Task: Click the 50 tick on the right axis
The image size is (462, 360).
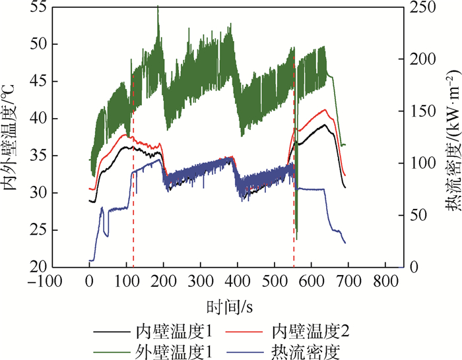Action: tap(414, 215)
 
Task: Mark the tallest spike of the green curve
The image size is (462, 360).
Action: tap(158, 7)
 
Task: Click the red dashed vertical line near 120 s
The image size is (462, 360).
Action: tap(133, 198)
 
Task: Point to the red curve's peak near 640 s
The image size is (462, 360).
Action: tap(324, 110)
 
